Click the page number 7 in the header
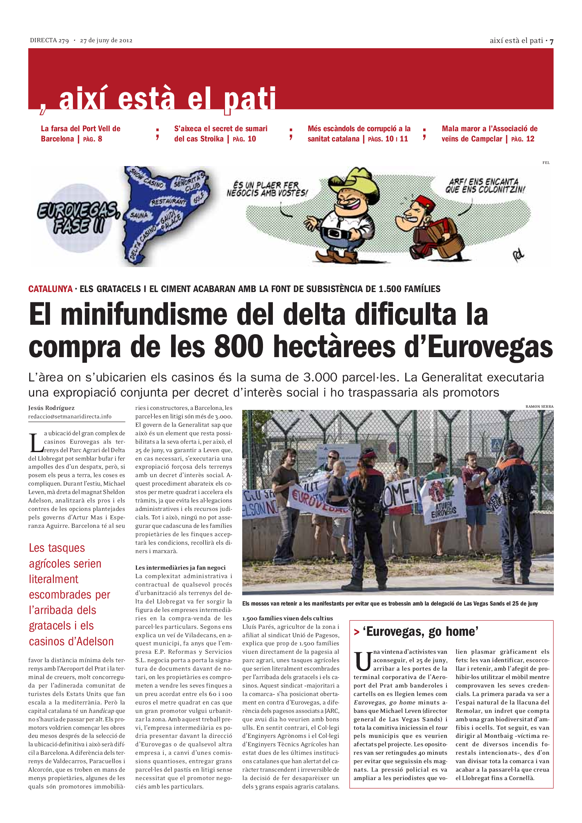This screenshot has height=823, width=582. click(551, 41)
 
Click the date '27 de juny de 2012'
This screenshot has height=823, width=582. click(106, 40)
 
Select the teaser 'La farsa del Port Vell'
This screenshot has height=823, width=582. click(80, 133)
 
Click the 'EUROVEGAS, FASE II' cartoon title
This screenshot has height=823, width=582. click(78, 217)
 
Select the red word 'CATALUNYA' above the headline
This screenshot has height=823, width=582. click(50, 289)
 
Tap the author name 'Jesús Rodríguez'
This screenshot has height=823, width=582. click(51, 408)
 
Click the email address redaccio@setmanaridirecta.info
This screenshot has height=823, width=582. click(70, 417)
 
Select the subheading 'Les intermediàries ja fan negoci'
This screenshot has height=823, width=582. click(180, 568)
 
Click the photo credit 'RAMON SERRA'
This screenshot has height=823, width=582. click(539, 406)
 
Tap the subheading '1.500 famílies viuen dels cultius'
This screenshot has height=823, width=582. click(287, 618)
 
